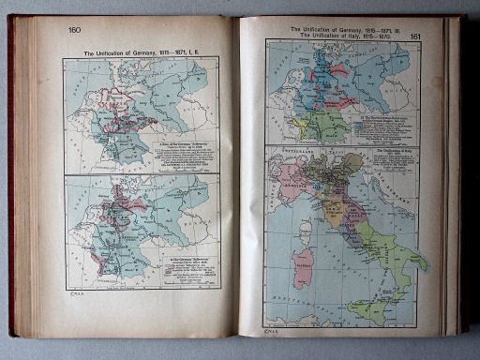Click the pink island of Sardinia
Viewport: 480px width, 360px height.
click(x=303, y=266)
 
